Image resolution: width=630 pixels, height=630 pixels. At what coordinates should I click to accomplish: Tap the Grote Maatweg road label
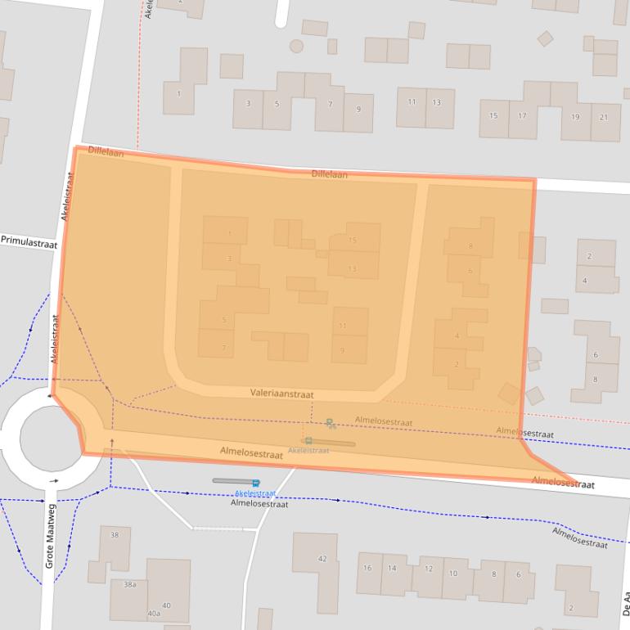pos(50,536)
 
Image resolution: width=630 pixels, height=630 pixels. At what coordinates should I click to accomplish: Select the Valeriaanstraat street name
pos(282,394)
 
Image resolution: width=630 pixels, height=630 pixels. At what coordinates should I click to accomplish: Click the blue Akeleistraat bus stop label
pos(254,493)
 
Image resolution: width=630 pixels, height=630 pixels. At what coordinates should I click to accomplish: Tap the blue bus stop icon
pos(256,483)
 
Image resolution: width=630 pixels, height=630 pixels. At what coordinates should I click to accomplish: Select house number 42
pos(322,559)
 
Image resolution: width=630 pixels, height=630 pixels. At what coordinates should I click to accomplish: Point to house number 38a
pos(129,584)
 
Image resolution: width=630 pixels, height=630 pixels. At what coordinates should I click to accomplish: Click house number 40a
pos(154,613)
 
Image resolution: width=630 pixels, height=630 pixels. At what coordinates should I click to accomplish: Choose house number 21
pos(604,117)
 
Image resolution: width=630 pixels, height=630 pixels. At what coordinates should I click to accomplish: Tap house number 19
pos(575,117)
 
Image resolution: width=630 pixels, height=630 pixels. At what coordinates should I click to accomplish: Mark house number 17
pos(522,116)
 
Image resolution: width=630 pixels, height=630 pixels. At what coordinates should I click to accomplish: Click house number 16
pos(367,568)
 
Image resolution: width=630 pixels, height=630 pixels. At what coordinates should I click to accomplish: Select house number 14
pos(393,568)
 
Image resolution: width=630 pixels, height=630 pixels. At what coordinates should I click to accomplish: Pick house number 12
pos(429,569)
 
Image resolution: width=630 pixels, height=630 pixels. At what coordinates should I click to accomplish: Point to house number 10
pos(452,573)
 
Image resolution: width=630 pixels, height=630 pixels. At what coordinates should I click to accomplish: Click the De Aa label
pos(625,605)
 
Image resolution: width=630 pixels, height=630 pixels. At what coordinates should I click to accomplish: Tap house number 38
pos(115,535)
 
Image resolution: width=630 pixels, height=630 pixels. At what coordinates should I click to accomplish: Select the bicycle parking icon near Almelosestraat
pos(330,423)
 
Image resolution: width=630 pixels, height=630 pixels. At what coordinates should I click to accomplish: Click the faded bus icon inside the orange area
pos(308,441)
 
